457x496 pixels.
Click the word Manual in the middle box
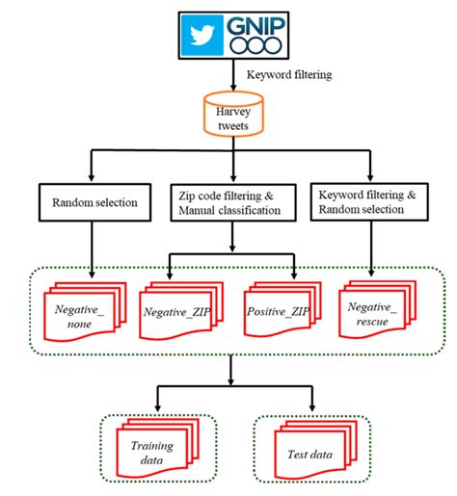[197, 210]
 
